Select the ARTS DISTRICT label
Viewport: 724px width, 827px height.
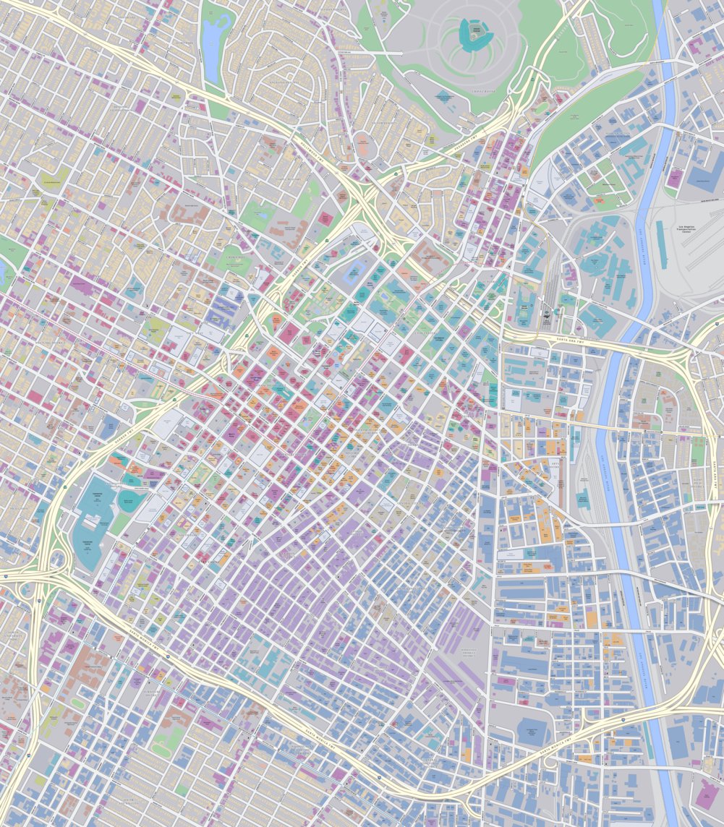click(x=555, y=465)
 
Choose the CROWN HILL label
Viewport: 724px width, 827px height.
click(x=234, y=257)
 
